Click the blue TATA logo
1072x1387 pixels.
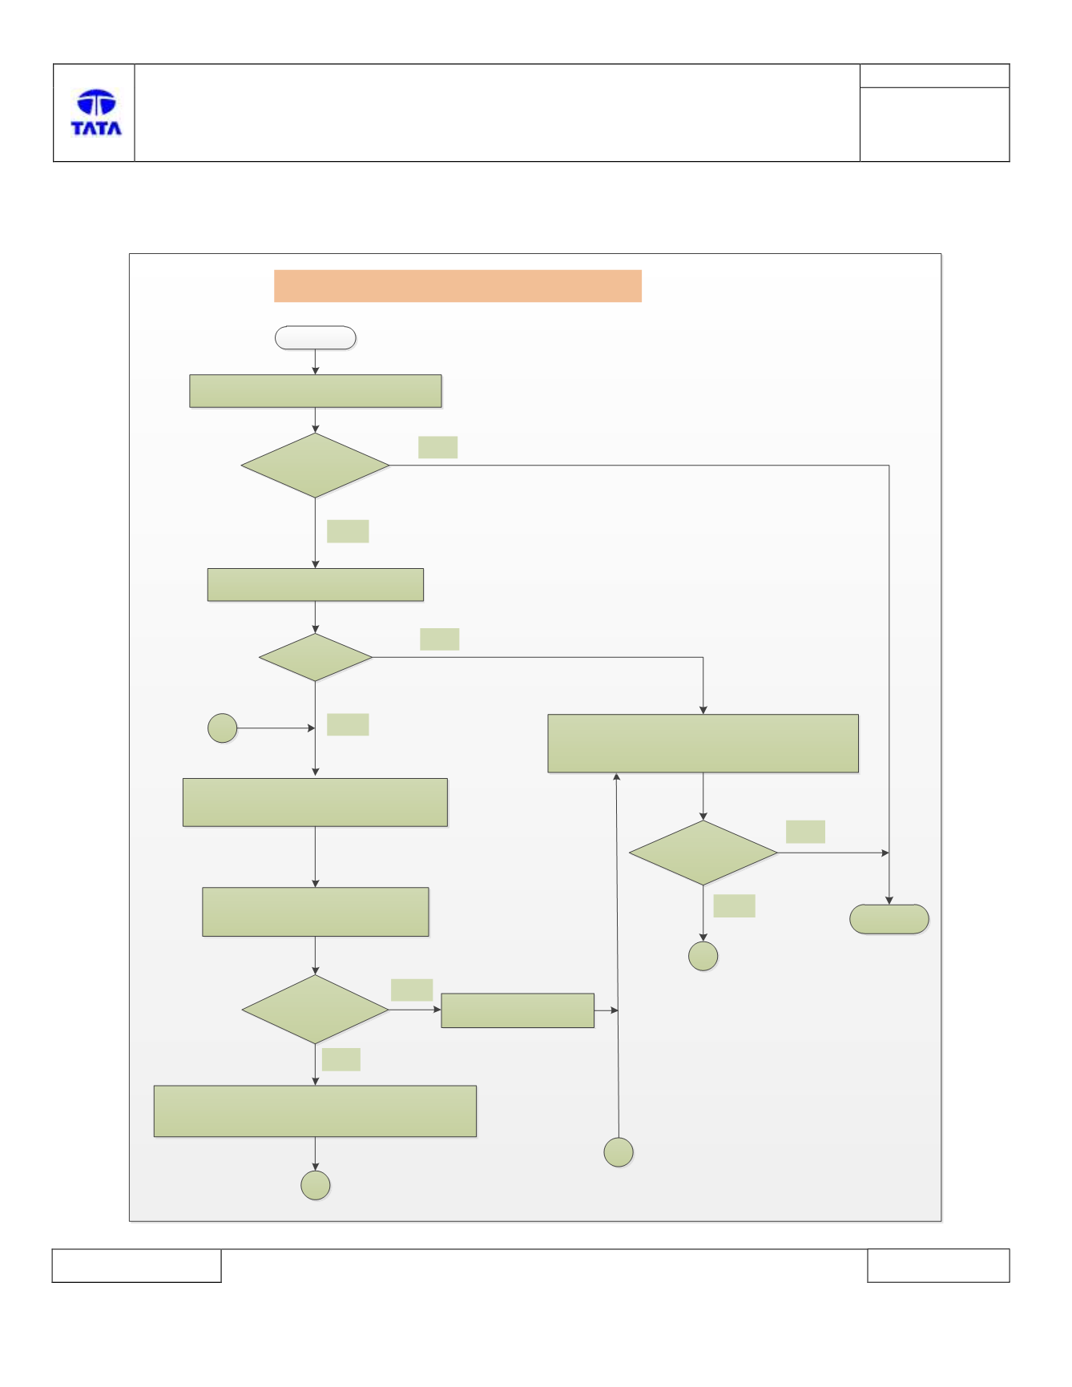(96, 112)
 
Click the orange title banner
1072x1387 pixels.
(457, 286)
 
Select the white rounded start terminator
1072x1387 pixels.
(316, 338)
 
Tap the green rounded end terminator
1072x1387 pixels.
(889, 919)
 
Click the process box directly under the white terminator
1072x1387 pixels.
(316, 391)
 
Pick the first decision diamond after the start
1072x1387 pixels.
(316, 466)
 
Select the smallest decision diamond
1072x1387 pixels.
(316, 658)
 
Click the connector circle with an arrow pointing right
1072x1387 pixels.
(223, 728)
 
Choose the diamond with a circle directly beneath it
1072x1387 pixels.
(703, 853)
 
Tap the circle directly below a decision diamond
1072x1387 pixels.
(703, 956)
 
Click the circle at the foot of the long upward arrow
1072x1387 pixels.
(619, 1152)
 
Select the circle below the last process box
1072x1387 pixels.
(316, 1185)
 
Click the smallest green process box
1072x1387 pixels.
(518, 1010)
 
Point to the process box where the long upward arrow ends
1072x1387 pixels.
(703, 744)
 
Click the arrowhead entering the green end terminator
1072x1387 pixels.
(889, 901)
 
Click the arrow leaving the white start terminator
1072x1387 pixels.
(316, 362)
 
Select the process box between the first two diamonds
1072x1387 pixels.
(316, 585)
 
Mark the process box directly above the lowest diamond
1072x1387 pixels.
(316, 912)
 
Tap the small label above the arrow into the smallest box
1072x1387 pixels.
(412, 990)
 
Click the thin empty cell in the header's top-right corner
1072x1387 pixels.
(935, 76)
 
